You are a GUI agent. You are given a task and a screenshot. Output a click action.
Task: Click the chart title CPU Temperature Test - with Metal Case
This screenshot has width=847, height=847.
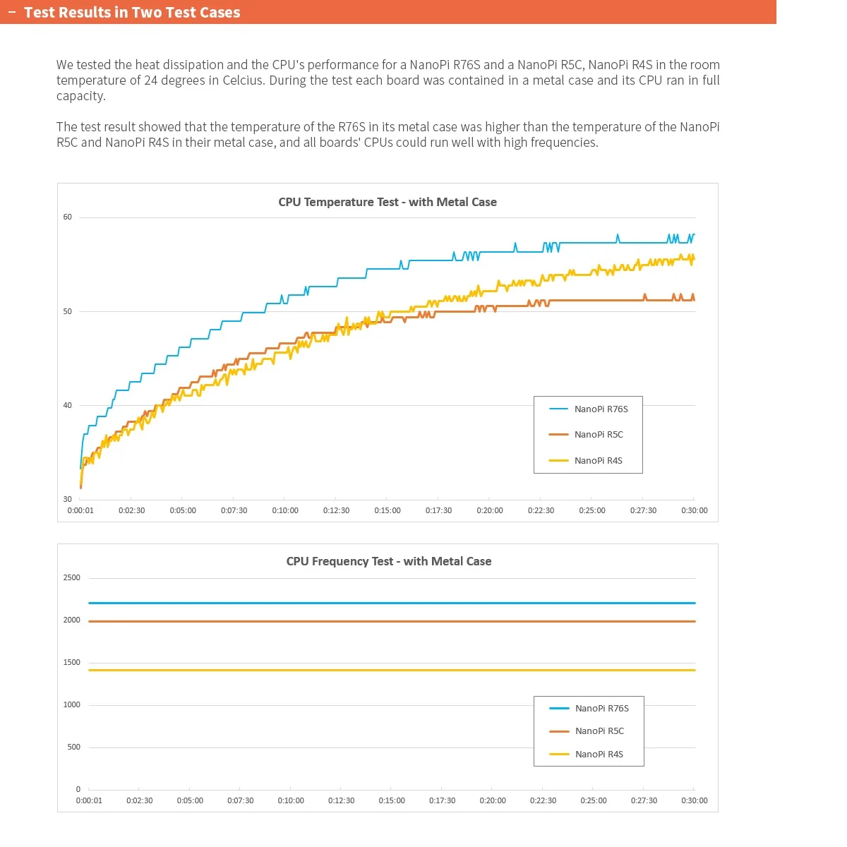pyautogui.click(x=388, y=202)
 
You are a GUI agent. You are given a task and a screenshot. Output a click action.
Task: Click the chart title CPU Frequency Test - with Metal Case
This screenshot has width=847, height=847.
pyautogui.click(x=389, y=561)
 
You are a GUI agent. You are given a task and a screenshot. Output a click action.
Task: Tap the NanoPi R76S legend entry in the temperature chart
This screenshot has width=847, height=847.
pyautogui.click(x=601, y=409)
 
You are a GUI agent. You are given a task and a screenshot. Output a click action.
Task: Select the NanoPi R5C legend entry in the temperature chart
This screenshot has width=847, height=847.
pyautogui.click(x=599, y=435)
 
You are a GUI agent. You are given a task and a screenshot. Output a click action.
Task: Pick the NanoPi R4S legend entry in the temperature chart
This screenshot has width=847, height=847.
pyautogui.click(x=598, y=461)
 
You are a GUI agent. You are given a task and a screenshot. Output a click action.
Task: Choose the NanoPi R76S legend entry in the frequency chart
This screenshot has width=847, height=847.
pyautogui.click(x=601, y=709)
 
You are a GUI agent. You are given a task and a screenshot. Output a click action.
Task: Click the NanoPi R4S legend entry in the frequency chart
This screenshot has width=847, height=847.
pyautogui.click(x=599, y=755)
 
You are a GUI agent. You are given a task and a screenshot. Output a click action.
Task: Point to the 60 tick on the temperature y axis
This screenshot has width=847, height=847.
pyautogui.click(x=68, y=217)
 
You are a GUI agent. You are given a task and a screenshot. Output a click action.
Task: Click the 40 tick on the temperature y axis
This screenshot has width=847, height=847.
pyautogui.click(x=68, y=405)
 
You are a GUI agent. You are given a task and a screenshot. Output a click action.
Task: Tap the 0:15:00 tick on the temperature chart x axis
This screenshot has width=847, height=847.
pyautogui.click(x=388, y=510)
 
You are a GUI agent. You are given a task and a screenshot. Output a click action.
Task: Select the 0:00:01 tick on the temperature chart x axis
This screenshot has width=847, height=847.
pyautogui.click(x=80, y=510)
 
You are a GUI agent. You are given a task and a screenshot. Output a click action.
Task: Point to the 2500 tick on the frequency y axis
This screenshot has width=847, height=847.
pyautogui.click(x=72, y=577)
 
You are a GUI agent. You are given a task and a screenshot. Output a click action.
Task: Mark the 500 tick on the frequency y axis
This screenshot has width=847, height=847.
pyautogui.click(x=74, y=747)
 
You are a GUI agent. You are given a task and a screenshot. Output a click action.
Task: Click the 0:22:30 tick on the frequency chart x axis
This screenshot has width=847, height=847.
pyautogui.click(x=543, y=800)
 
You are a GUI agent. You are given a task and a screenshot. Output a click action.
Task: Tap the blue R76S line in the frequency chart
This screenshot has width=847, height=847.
pyautogui.click(x=353, y=603)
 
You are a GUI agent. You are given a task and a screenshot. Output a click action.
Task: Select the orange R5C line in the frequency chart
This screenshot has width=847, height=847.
pyautogui.click(x=353, y=622)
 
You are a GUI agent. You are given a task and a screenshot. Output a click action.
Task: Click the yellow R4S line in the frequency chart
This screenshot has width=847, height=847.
pyautogui.click(x=353, y=671)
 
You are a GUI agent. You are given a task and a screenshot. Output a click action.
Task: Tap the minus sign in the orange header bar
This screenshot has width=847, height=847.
pyautogui.click(x=12, y=13)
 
